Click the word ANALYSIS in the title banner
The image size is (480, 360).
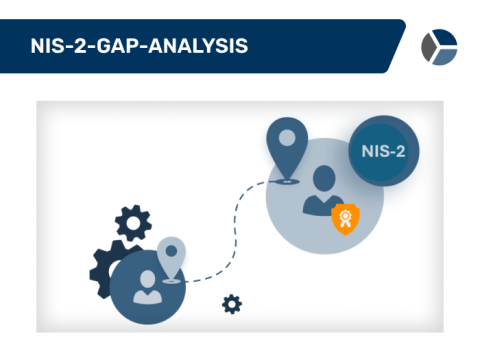pos(202,46)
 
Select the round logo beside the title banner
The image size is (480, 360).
pos(438,46)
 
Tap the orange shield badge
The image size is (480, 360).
pos(345,216)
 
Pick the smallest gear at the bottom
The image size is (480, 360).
pos(232,303)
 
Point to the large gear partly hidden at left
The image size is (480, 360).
pos(102,268)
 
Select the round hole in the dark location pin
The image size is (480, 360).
pos(287,137)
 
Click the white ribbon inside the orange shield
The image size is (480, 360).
pos(345,216)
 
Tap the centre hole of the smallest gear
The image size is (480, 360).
pos(232,303)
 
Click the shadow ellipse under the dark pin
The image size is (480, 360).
pos(287,181)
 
